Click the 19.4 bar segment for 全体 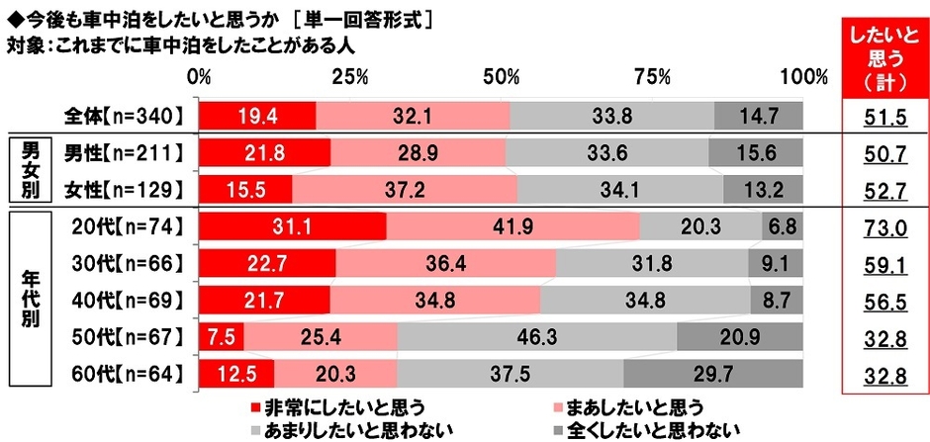257,116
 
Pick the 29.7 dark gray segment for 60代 712,375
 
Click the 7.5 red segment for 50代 222,337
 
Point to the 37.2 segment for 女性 404,189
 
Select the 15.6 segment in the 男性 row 755,152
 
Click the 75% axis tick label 653,77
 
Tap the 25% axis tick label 350,77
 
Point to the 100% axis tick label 802,77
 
